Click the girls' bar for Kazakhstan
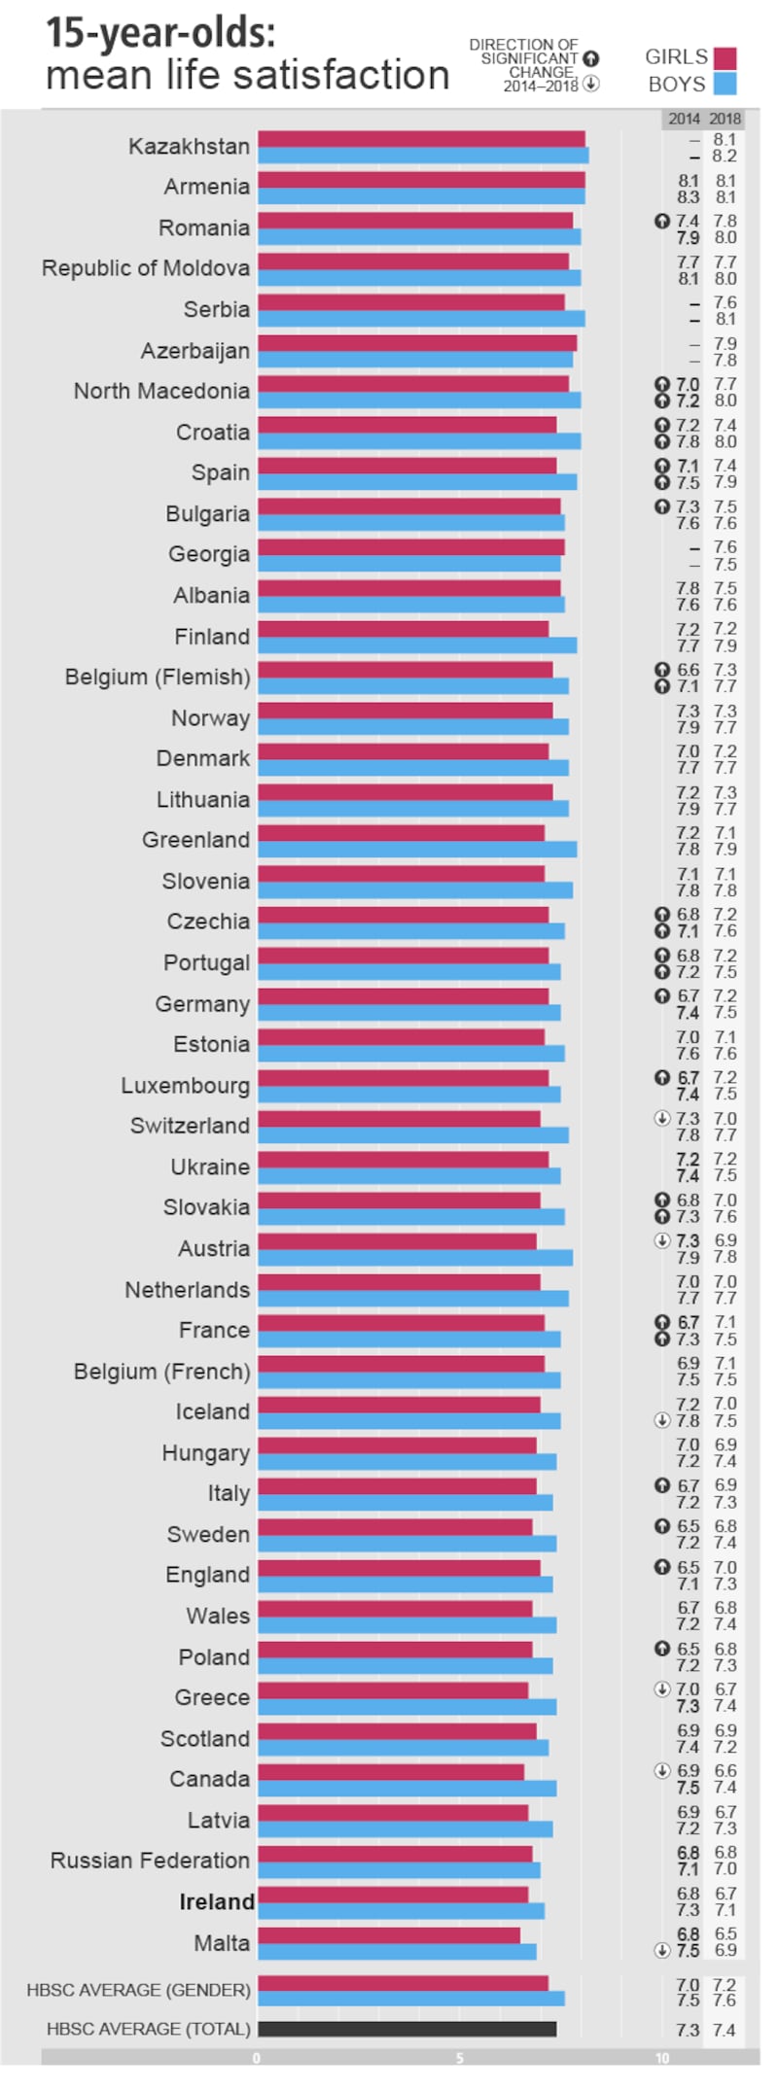(421, 139)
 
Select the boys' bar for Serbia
(421, 319)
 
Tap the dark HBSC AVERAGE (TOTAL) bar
(407, 2029)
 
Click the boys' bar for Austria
(415, 1257)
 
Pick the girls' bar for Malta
(389, 1934)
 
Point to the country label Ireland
(216, 1901)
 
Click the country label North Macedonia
(161, 391)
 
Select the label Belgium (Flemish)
(158, 677)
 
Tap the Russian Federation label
(150, 1861)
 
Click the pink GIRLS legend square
(725, 57)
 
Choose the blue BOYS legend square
(725, 85)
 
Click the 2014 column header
(684, 119)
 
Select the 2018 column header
(725, 119)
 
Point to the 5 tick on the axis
(459, 2057)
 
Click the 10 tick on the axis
(661, 2057)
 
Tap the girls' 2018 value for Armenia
(725, 181)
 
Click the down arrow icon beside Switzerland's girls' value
(662, 1118)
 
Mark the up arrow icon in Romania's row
(662, 222)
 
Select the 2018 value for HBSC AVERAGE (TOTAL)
(725, 2030)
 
